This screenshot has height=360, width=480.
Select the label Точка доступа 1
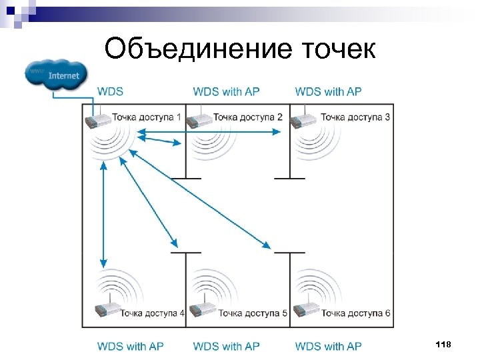(x=146, y=117)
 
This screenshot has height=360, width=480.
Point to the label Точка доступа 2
(x=247, y=117)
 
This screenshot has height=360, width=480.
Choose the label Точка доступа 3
(x=355, y=117)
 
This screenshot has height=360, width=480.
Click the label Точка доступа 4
(x=153, y=313)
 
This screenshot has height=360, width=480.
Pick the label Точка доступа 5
(x=253, y=313)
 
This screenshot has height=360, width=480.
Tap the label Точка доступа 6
(x=355, y=313)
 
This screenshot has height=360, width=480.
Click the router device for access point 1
(x=97, y=121)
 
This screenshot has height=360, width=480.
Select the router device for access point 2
(x=199, y=121)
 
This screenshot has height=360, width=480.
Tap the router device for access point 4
(x=107, y=311)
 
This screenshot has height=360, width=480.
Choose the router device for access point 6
(x=307, y=311)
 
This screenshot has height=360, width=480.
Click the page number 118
(x=443, y=344)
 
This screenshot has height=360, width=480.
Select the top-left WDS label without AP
(x=111, y=91)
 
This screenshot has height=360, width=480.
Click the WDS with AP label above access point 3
(x=328, y=91)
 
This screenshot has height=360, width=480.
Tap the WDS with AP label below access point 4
(x=131, y=346)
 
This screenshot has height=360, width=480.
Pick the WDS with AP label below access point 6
(x=328, y=346)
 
